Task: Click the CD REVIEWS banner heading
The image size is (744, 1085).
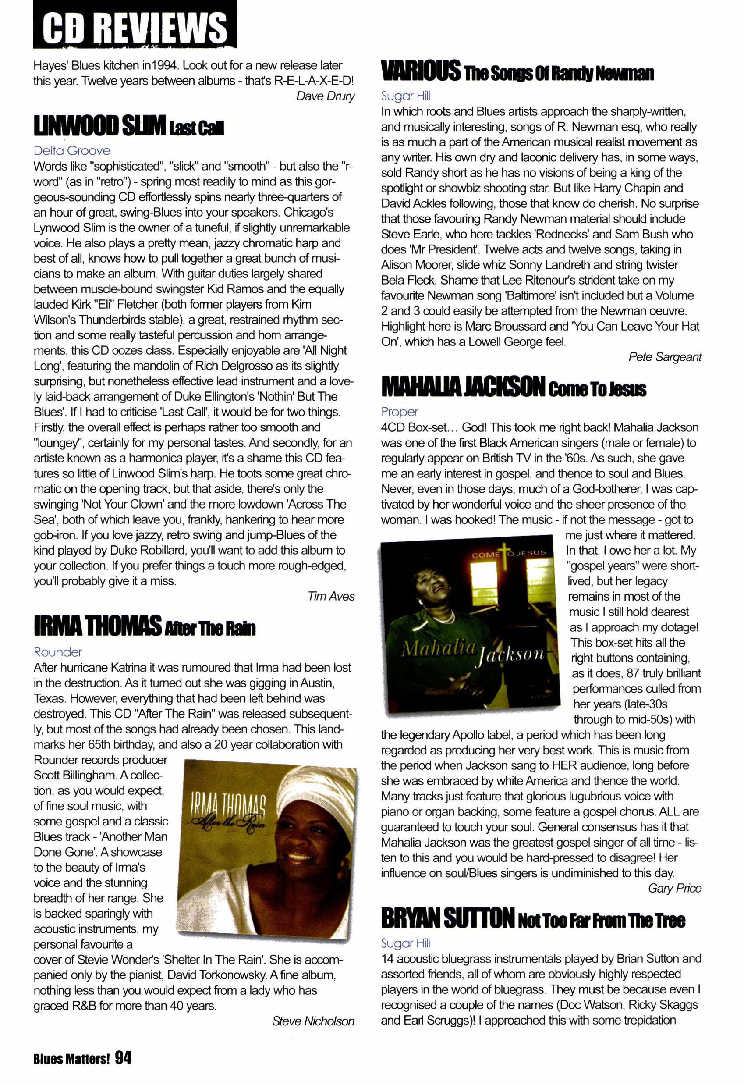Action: click(x=135, y=26)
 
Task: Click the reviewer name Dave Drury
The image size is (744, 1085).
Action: click(x=325, y=96)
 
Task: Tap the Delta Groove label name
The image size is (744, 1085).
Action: click(x=72, y=150)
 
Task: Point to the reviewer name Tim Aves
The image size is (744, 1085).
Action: click(x=331, y=596)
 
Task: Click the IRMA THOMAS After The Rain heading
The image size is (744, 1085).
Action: click(x=145, y=626)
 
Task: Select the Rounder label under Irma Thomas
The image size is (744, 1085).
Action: click(x=58, y=652)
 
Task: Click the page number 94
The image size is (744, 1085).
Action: click(x=123, y=1057)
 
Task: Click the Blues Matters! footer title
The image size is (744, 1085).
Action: click(x=71, y=1059)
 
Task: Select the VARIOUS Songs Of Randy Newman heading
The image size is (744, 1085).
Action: click(x=517, y=71)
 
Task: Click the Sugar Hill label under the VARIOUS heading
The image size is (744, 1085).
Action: click(x=405, y=96)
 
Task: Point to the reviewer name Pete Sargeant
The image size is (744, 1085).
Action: click(x=665, y=357)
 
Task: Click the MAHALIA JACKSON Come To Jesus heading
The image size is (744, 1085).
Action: click(x=514, y=387)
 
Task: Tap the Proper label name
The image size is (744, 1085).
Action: click(x=400, y=412)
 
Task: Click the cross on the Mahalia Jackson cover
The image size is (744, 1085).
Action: click(x=503, y=551)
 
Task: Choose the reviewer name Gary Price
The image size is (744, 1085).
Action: click(x=674, y=888)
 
